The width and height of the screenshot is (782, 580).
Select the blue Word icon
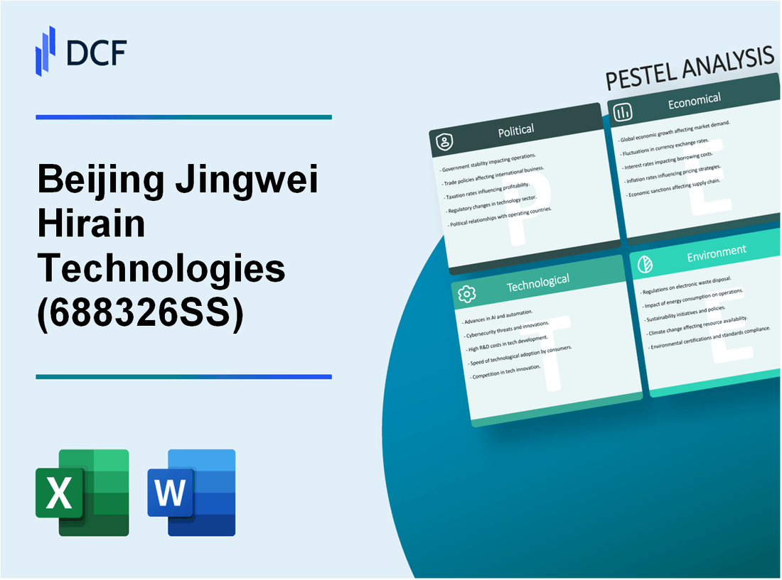191,492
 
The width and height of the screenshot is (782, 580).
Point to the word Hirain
90,225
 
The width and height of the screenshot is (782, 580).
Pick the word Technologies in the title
161,269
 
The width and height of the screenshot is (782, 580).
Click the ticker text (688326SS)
139,313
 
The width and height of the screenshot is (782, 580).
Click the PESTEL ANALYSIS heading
689,70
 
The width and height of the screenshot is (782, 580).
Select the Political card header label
517,131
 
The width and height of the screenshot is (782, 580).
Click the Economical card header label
694,102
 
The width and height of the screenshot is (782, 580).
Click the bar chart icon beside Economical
623,112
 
